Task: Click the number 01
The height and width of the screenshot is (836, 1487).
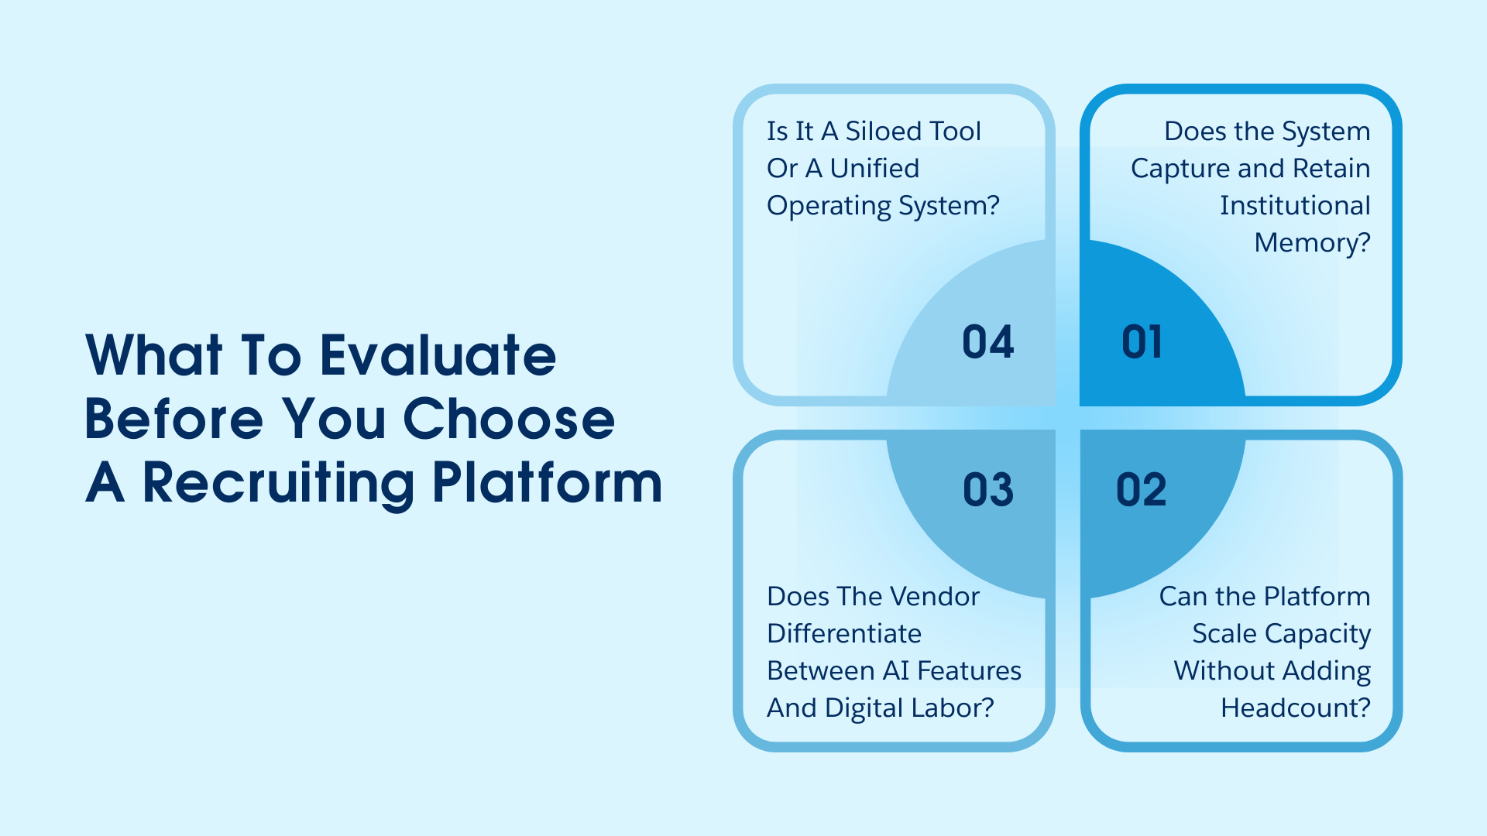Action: (x=1142, y=342)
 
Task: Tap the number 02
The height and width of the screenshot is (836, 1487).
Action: (x=1141, y=490)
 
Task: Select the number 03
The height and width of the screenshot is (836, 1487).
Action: (x=988, y=490)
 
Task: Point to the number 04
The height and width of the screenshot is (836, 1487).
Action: (x=988, y=342)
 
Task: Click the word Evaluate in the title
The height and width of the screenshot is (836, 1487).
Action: (x=438, y=356)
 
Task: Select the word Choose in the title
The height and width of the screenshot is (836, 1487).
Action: (x=509, y=420)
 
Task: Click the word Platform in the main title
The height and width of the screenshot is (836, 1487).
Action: (x=547, y=483)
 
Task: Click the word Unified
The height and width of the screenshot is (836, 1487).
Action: (x=874, y=169)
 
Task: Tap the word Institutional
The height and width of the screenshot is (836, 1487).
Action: (x=1295, y=206)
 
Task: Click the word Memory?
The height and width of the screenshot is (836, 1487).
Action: (x=1312, y=243)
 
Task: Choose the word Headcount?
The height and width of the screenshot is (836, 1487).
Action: (x=1295, y=708)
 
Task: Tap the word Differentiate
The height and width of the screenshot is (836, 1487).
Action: (x=844, y=633)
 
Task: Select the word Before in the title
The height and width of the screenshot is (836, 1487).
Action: (x=174, y=420)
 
